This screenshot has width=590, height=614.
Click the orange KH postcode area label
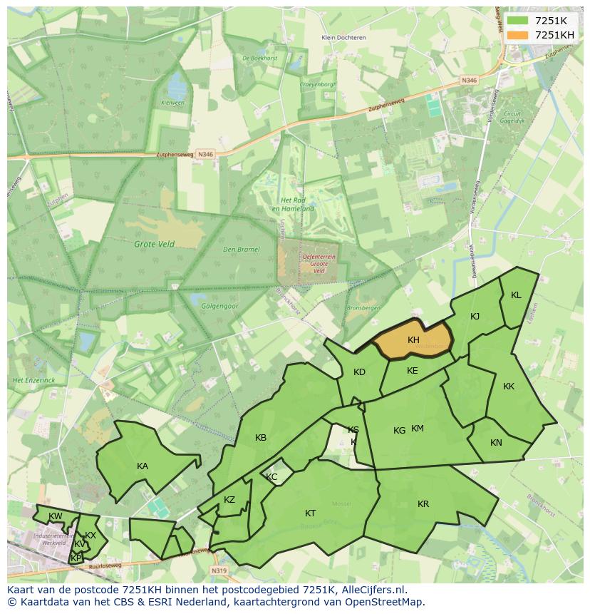(x=413, y=340)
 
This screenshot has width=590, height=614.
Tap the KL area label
(x=516, y=295)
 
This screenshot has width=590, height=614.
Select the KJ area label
(x=475, y=317)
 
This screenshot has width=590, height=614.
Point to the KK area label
(x=509, y=387)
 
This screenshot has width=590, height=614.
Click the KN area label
(x=496, y=443)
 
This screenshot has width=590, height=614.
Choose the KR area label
(x=423, y=504)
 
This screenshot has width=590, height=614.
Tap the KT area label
(x=311, y=513)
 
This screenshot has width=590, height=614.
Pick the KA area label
(x=143, y=466)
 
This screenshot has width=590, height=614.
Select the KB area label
(x=261, y=438)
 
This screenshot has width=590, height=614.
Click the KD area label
(x=359, y=372)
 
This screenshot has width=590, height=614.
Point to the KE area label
(x=413, y=371)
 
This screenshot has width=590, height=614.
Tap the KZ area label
(x=229, y=500)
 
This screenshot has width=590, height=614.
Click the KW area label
(x=55, y=516)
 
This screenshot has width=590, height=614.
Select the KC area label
(x=271, y=477)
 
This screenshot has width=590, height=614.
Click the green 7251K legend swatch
(x=518, y=21)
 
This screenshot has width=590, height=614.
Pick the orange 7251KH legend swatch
(x=518, y=35)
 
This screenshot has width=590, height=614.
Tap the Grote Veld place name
(x=154, y=244)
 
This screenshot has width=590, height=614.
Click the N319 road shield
(x=219, y=571)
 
